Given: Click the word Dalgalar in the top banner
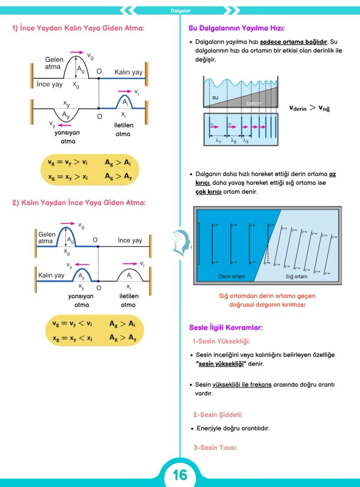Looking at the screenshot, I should [x=180, y=10].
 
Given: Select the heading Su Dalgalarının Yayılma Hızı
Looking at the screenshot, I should [x=237, y=28].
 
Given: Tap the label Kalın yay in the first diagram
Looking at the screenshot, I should [x=128, y=72].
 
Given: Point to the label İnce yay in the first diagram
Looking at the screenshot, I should [x=50, y=84].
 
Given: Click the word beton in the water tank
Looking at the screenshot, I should [x=254, y=104].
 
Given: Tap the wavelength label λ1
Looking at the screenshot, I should [x=219, y=141].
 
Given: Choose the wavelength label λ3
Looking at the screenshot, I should [x=246, y=141].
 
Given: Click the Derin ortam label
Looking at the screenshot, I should [x=231, y=276].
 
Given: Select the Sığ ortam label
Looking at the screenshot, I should [x=296, y=276].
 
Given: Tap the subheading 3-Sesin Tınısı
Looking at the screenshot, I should [x=215, y=447].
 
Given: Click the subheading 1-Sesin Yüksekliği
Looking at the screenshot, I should [x=221, y=341].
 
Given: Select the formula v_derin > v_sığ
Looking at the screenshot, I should [x=310, y=108].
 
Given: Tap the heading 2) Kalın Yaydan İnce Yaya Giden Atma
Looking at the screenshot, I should [x=78, y=202].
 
